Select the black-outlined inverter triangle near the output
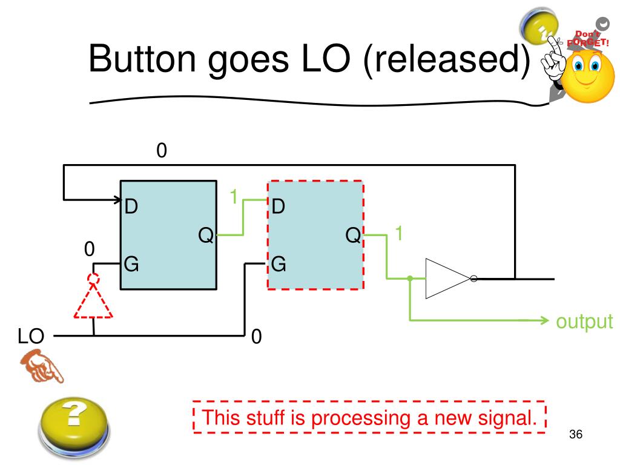coord(447,279)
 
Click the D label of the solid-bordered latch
coord(131,207)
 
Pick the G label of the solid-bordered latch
coord(131,264)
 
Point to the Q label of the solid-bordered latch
coord(206,234)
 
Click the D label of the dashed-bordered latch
coord(279,207)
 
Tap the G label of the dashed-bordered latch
coord(279,264)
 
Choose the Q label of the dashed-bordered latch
coord(353,234)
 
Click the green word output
coord(584,322)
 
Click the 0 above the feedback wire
coord(161,151)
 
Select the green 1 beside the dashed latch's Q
coord(398,232)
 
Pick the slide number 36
coord(575,435)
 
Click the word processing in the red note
coord(371,418)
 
